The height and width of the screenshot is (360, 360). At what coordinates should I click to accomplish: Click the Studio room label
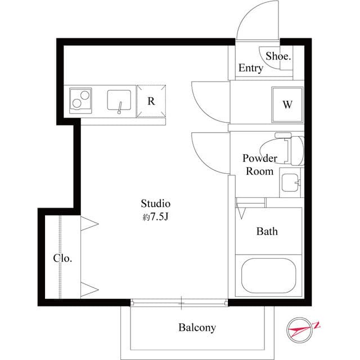point(155,204)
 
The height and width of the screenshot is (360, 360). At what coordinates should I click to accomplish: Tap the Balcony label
point(197,327)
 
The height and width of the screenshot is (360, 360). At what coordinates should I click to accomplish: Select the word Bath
point(267,231)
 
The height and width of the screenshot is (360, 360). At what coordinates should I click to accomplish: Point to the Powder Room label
point(259,164)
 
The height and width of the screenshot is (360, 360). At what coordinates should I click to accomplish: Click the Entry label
point(250,69)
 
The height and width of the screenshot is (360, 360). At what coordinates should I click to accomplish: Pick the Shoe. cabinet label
point(278,56)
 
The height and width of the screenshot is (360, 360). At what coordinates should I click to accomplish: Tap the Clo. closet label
point(62,259)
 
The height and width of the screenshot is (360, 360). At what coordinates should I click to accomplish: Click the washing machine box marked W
point(287,105)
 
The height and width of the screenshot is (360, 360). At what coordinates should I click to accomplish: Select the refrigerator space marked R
point(151,101)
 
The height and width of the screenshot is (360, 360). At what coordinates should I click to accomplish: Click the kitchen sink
point(120,101)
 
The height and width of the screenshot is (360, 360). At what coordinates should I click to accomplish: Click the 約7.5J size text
point(155,217)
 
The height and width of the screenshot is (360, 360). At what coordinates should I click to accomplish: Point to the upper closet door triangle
point(89,224)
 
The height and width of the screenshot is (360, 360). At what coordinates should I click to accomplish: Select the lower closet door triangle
point(89,289)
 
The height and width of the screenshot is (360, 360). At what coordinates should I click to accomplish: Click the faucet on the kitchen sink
point(120,107)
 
